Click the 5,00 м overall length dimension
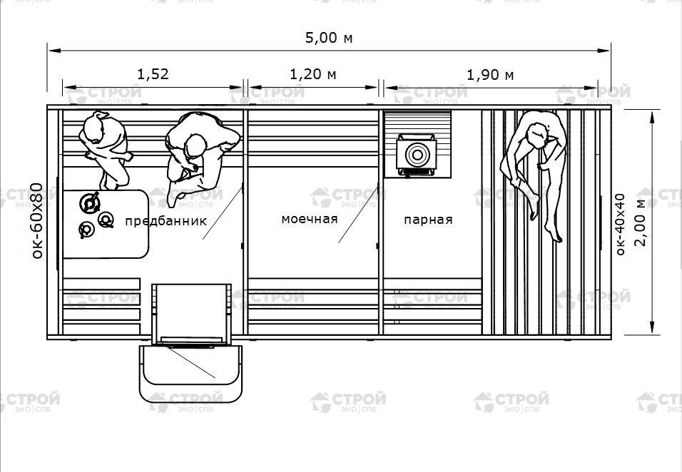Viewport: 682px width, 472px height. coord(329,39)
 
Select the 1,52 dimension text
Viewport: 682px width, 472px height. coord(153,74)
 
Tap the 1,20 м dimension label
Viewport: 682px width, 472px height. coord(313,74)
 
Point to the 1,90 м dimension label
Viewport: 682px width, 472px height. coord(490,75)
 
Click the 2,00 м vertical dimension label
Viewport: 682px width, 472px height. coord(641,222)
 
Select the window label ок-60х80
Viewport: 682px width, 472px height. coord(38,221)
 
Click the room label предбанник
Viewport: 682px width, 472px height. coord(166,221)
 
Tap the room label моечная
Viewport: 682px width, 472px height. coord(309,219)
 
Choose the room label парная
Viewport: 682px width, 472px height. coord(428,220)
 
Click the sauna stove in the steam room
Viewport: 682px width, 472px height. coord(417,155)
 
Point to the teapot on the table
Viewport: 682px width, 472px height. coord(90,203)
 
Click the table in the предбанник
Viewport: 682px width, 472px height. coord(106,224)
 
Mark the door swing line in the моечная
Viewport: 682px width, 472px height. coord(358,215)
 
